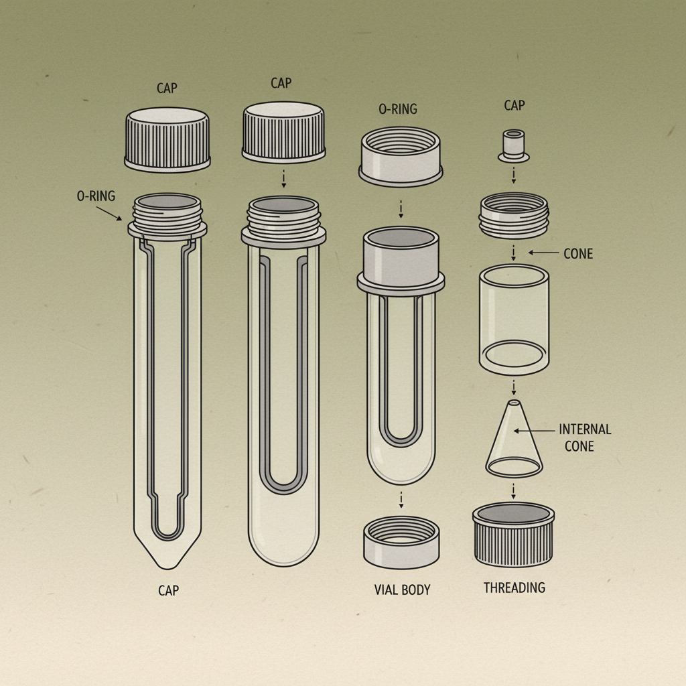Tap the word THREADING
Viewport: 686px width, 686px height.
pyautogui.click(x=514, y=588)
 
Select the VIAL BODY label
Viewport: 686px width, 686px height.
pyautogui.click(x=402, y=590)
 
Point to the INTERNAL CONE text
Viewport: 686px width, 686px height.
pyautogui.click(x=585, y=437)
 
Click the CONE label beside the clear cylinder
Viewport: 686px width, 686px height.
pyautogui.click(x=578, y=254)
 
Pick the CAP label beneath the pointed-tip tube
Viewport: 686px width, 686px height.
pyautogui.click(x=168, y=590)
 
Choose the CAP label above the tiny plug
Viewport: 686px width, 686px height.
pyautogui.click(x=514, y=105)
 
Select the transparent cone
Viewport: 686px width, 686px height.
pyautogui.click(x=514, y=442)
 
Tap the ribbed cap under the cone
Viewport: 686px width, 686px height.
pyautogui.click(x=514, y=534)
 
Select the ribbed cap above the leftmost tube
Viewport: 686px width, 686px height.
pyautogui.click(x=167, y=139)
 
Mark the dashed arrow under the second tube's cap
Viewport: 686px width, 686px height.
pyautogui.click(x=283, y=178)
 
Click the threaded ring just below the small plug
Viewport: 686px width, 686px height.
pyautogui.click(x=514, y=214)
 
